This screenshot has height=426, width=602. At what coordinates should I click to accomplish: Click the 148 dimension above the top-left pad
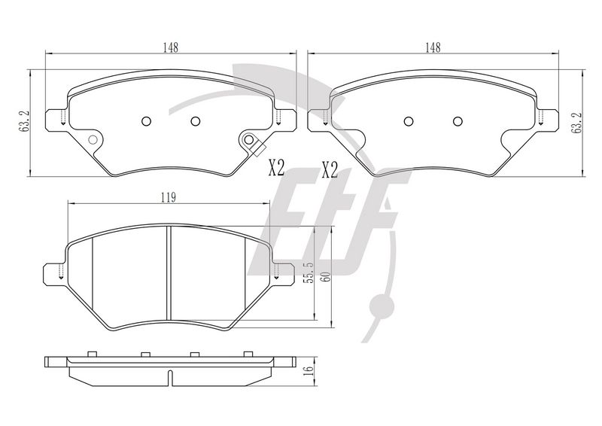[x=171, y=47]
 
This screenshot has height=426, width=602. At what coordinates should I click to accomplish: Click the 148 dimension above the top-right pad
[x=433, y=47]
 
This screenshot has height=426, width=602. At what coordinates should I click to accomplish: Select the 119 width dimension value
[x=168, y=198]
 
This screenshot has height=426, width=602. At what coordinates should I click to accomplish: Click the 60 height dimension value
[x=327, y=276]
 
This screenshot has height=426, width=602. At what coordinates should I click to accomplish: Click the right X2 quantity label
[x=330, y=170]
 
